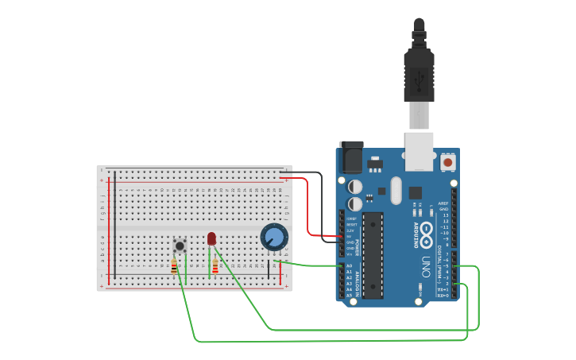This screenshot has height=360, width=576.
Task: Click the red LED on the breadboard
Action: (211, 238)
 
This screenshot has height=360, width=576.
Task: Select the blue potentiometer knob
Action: (274, 237)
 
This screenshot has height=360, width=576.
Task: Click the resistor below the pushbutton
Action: (175, 267)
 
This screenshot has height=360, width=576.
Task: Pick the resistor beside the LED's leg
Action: (215, 267)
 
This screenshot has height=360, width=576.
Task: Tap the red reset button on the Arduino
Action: (448, 162)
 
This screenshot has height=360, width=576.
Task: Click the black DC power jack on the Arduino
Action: (350, 159)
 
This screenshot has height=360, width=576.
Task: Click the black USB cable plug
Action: (419, 75)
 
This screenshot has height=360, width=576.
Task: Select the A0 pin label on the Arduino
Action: (350, 266)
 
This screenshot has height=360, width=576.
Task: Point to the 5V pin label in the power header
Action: (350, 236)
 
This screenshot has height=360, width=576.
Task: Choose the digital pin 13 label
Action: (445, 215)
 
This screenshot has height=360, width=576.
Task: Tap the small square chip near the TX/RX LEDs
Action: (416, 192)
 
